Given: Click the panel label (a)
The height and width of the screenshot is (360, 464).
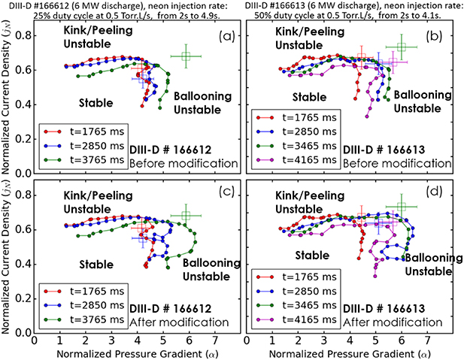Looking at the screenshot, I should [223, 35].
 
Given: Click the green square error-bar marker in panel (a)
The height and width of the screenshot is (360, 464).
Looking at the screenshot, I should [187, 56].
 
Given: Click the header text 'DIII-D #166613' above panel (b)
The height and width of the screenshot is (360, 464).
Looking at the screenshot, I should [280, 5].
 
